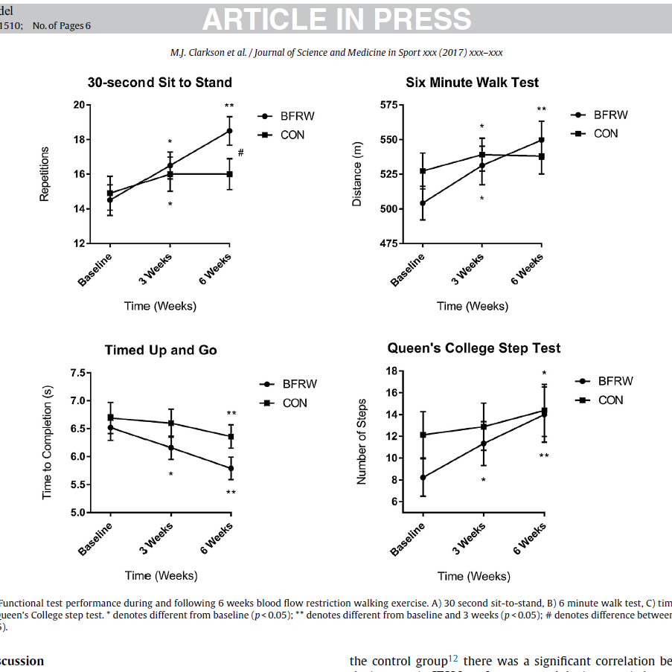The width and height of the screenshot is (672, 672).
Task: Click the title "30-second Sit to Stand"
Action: [x=160, y=83]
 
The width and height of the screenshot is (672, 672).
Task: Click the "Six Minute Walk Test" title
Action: [x=473, y=83]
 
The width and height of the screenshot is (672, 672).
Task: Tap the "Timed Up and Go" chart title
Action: [x=161, y=350]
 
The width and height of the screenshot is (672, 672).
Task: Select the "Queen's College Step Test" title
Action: [x=474, y=348]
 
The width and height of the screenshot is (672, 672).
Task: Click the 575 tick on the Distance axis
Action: [x=387, y=105]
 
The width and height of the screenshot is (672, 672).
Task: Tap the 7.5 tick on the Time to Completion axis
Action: [x=77, y=373]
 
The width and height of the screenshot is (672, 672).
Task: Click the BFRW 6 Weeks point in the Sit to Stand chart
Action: [x=229, y=131]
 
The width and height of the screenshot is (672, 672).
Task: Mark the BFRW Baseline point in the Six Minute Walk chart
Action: [x=423, y=203]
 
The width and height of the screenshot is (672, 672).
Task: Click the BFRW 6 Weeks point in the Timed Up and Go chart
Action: [x=231, y=468]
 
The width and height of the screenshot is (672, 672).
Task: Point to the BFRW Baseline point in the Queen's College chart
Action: [x=423, y=478]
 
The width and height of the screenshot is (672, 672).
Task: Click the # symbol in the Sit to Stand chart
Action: [x=240, y=153]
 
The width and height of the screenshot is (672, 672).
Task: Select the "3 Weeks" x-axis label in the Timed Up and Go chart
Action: [x=158, y=538]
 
